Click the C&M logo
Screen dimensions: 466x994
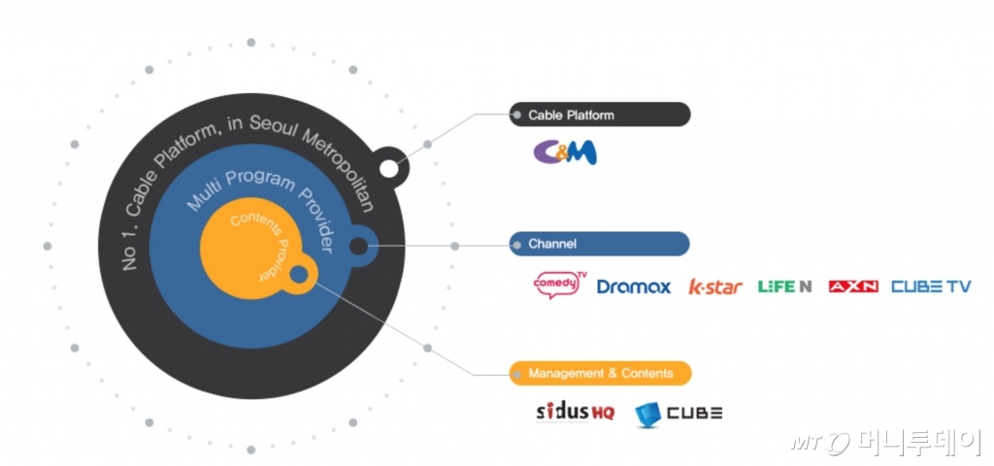564,152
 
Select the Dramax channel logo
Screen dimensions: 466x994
633,286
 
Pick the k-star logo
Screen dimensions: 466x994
715,286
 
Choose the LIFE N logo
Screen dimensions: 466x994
784,286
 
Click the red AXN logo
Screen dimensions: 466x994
852,286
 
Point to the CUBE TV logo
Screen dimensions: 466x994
930,286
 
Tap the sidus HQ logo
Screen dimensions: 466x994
575,412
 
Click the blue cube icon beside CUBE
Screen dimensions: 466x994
646,415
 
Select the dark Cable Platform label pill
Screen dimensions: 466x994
600,115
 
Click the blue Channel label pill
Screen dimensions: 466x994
600,244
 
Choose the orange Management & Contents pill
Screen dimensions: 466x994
600,373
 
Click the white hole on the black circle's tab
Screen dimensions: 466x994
388,169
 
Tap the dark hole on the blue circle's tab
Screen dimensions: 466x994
358,247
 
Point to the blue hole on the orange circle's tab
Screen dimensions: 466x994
299,275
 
